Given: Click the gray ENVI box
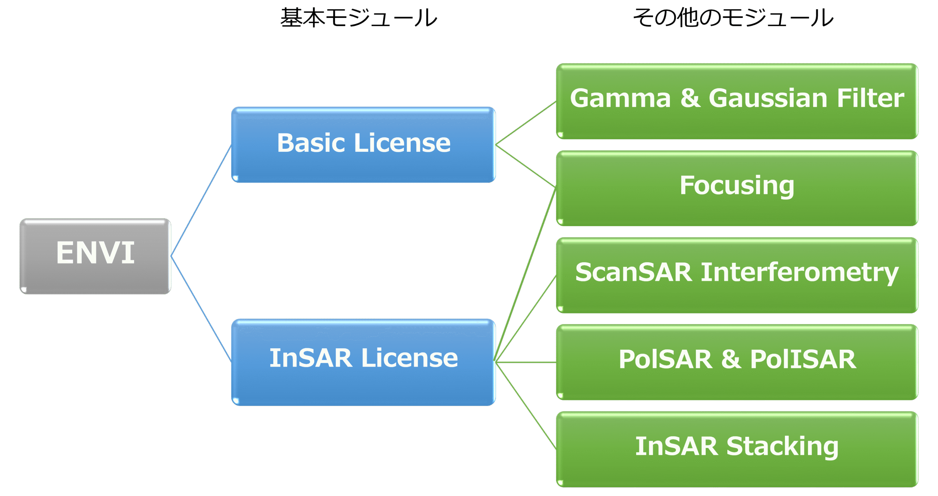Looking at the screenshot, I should tap(95, 256).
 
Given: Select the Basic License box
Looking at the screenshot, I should tap(363, 145).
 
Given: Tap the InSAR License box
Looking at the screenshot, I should tap(363, 362).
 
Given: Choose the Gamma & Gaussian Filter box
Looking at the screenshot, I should tap(737, 101).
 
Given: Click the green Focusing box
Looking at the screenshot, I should tap(737, 188).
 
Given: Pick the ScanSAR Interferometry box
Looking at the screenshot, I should tap(737, 275).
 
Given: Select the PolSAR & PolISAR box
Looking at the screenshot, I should tap(737, 362).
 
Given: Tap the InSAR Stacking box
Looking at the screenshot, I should tap(737, 449).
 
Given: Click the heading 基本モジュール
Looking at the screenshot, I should tap(358, 18).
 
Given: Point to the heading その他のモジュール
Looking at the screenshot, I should tap(733, 18).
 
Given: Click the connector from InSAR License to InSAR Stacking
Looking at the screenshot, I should tap(526, 405).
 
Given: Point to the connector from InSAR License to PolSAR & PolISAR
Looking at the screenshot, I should tap(526, 362).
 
